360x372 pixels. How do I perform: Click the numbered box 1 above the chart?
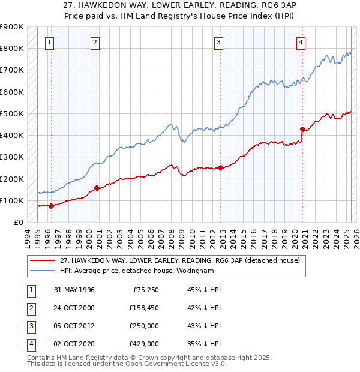click(49, 42)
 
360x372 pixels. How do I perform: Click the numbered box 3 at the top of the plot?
click(219, 42)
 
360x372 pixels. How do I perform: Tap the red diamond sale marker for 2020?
click(302, 128)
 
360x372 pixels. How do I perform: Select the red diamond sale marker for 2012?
click(220, 167)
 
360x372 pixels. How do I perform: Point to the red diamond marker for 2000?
click(97, 188)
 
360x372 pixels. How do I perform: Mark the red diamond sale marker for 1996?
click(51, 206)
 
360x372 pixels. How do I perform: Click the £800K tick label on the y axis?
click(11, 48)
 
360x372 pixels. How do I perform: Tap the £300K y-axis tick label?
click(11, 157)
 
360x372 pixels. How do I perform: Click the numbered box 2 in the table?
click(29, 308)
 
